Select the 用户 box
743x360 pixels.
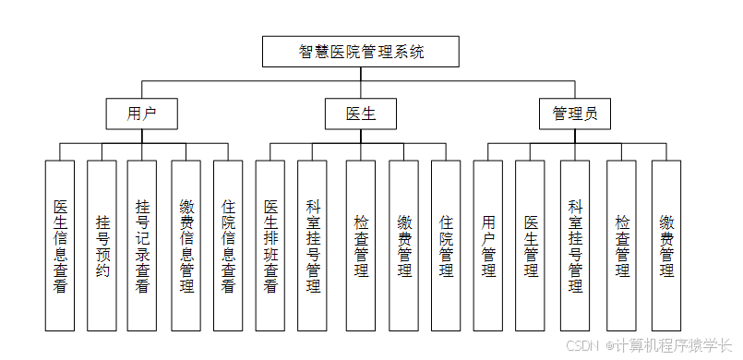[x=141, y=114]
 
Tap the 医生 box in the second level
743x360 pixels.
[x=360, y=114]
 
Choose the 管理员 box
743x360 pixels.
[x=575, y=114]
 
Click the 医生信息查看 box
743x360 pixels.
[x=60, y=246]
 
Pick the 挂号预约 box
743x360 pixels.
[x=102, y=246]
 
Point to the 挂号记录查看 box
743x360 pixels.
[x=141, y=246]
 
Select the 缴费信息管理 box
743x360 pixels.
[x=186, y=246]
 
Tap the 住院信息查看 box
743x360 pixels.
[x=228, y=246]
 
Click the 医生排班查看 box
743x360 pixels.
[x=270, y=246]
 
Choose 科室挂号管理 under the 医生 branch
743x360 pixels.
[x=313, y=246]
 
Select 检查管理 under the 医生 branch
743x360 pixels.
[x=361, y=246]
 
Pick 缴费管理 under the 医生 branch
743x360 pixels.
[x=403, y=246]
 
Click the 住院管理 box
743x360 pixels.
[x=446, y=246]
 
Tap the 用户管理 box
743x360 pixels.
[x=488, y=246]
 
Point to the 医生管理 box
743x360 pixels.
[x=531, y=246]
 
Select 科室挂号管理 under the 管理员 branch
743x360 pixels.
[x=575, y=246]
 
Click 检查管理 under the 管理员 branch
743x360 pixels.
[x=621, y=246]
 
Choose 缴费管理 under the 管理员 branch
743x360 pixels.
[x=666, y=246]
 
